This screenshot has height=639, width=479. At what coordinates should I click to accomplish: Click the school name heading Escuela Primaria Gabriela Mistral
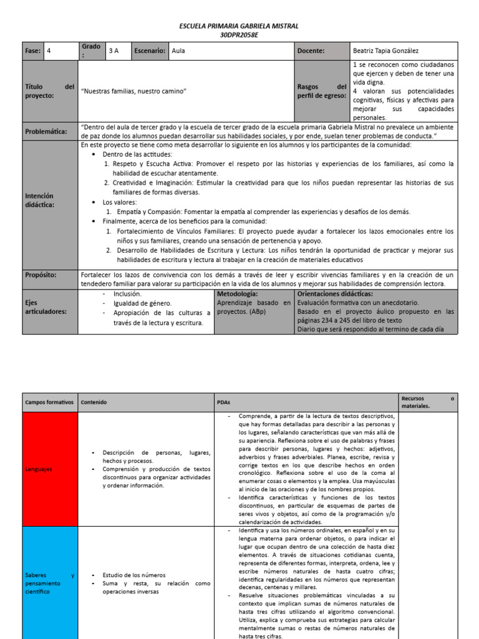coord(239,26)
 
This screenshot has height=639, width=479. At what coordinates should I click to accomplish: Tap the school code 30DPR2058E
coord(239,35)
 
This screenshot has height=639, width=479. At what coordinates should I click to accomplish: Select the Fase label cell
coord(33,51)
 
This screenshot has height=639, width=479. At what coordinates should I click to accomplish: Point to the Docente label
coord(311,51)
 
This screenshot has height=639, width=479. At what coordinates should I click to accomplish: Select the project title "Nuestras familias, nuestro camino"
coord(134,91)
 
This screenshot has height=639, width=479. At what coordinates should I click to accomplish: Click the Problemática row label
coord(46,131)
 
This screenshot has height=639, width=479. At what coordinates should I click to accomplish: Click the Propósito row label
coord(41,275)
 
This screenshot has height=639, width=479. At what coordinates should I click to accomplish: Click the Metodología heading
coord(237,293)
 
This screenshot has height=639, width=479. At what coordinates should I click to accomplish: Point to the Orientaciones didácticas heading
coord(335,293)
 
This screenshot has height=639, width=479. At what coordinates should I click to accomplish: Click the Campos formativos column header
coord(49,402)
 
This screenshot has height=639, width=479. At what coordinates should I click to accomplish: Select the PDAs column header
coord(223,402)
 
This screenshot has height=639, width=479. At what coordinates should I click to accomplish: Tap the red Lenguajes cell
coord(50,468)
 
